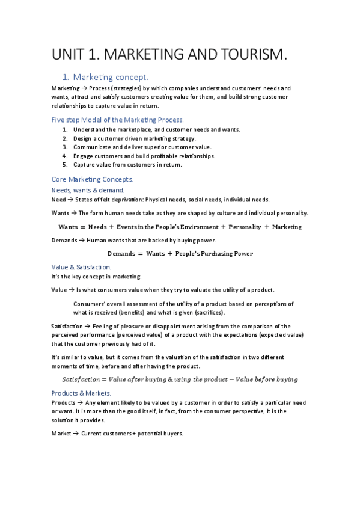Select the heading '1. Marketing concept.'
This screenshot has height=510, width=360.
[105, 77]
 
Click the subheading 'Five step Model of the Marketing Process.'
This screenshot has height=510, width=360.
[118, 120]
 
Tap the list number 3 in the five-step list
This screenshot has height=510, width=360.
[65, 147]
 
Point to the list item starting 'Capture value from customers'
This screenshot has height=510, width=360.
[127, 164]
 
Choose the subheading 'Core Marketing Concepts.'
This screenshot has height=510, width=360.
[93, 179]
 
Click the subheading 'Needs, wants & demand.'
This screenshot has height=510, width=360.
[88, 190]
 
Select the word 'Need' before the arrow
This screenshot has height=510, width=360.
[59, 200]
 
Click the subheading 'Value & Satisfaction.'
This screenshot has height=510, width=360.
[81, 267]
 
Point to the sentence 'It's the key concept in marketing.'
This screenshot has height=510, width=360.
[97, 277]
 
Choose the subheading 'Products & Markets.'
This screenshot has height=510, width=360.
[81, 393]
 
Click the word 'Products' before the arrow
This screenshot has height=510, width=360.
[64, 402]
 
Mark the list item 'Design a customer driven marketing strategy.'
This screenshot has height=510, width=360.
[135, 138]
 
